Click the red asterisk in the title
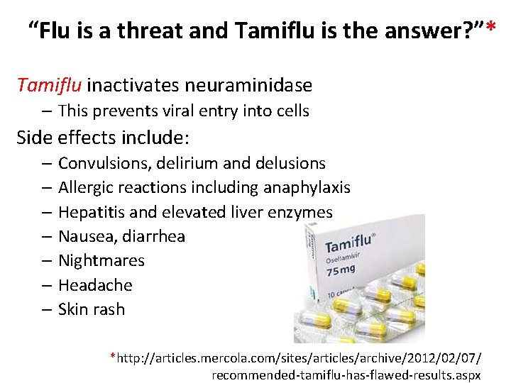click(489, 27)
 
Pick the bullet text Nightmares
click(101, 261)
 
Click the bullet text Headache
click(95, 285)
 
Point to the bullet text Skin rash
click(92, 309)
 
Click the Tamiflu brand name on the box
click(353, 245)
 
